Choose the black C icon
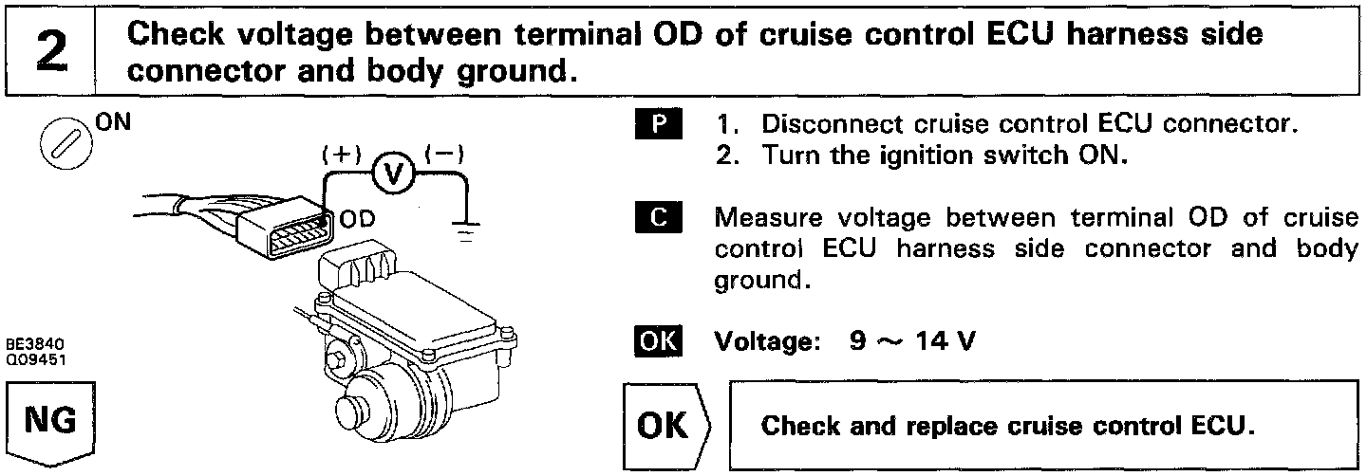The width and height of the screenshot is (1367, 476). [654, 218]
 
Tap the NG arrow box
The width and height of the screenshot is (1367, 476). [52, 422]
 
